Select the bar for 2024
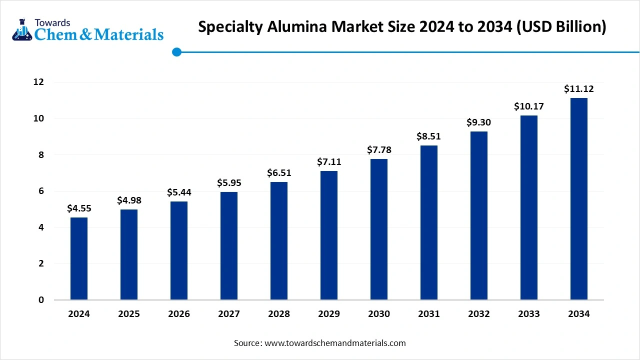pyautogui.click(x=79, y=258)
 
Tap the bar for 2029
pyautogui.click(x=329, y=235)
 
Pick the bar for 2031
pyautogui.click(x=429, y=222)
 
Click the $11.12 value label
pyautogui.click(x=579, y=89)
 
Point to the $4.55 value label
pyautogui.click(x=79, y=208)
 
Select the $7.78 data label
pyautogui.click(x=379, y=150)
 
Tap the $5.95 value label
pyautogui.click(x=229, y=183)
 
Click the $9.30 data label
pyautogui.click(x=479, y=122)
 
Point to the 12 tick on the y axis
pyautogui.click(x=38, y=82)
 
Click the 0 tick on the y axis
pyautogui.click(x=41, y=300)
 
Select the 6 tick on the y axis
pyautogui.click(x=41, y=191)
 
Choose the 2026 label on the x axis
pyautogui.click(x=179, y=314)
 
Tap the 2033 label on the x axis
pyautogui.click(x=529, y=314)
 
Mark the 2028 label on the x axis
pyautogui.click(x=279, y=314)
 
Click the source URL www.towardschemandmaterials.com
pyautogui.click(x=335, y=343)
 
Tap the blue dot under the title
pyautogui.click(x=176, y=52)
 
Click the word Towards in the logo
pyautogui.click(x=52, y=22)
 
